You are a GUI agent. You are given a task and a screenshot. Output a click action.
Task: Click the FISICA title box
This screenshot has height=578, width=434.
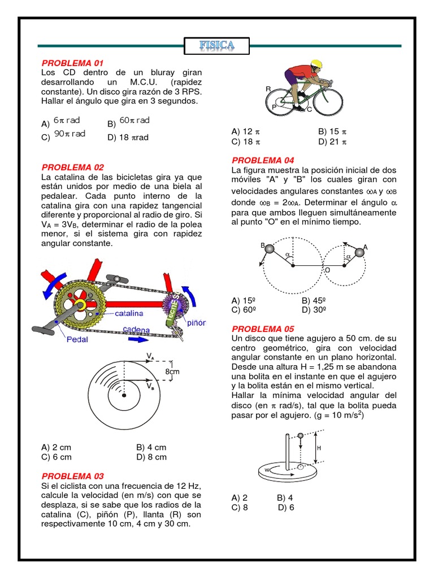pyautogui.click(x=217, y=45)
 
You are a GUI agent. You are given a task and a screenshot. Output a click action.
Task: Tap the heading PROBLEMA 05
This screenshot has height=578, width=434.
pyautogui.click(x=264, y=329)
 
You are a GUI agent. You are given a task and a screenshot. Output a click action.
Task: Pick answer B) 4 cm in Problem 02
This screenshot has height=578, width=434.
pyautogui.click(x=151, y=447)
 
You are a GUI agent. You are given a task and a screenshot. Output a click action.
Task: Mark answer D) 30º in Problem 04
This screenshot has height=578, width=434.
pyautogui.click(x=315, y=309)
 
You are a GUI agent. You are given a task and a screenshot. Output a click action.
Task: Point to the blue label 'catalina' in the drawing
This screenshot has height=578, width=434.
pyautogui.click(x=129, y=313)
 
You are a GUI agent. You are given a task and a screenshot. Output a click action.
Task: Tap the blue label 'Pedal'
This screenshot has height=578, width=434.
pyautogui.click(x=77, y=340)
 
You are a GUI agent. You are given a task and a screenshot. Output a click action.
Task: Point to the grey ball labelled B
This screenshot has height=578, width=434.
pyautogui.click(x=269, y=249)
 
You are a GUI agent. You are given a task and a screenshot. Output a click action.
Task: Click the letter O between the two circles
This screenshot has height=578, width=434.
pyautogui.click(x=327, y=271)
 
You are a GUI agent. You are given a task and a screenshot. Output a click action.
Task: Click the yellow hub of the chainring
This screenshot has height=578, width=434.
pyautogui.click(x=80, y=305)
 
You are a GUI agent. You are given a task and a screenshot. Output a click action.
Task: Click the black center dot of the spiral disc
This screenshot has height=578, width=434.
pyautogui.click(x=121, y=389)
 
